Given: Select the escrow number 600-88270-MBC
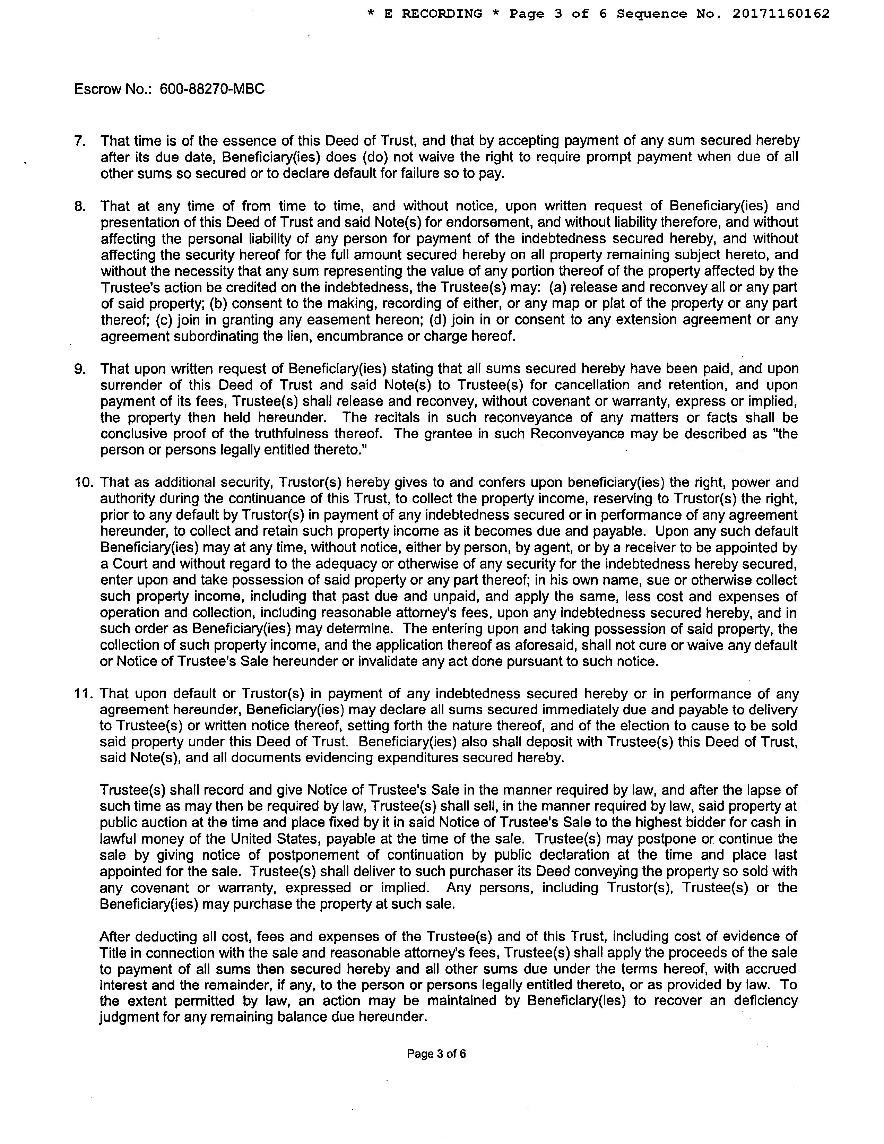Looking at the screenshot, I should tap(212, 89).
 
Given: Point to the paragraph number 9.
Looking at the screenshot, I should tap(80, 369).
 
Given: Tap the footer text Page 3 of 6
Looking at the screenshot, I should tap(436, 1054).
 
